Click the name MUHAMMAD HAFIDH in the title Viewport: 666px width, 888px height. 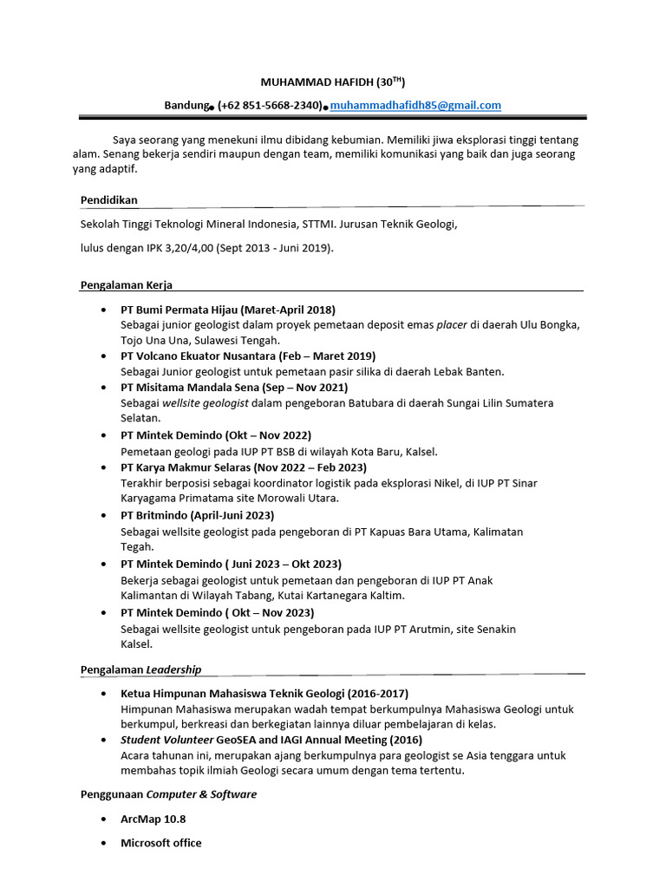[x=316, y=82]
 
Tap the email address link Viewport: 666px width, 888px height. [x=415, y=105]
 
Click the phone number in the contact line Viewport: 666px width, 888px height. [x=270, y=105]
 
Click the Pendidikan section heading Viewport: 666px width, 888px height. [x=108, y=199]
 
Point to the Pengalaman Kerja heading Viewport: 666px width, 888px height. [x=127, y=284]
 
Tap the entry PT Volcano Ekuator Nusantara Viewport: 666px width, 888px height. [x=199, y=356]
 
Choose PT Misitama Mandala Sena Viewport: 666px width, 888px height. [x=193, y=388]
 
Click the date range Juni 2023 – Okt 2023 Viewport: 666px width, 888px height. [x=286, y=564]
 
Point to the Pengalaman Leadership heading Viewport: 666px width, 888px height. [x=140, y=669]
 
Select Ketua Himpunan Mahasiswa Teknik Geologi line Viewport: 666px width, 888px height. [x=264, y=694]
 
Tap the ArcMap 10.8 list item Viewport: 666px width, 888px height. [x=153, y=819]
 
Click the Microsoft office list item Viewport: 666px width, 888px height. [x=160, y=843]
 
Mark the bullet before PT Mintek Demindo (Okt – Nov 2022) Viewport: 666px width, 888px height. [x=104, y=435]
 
